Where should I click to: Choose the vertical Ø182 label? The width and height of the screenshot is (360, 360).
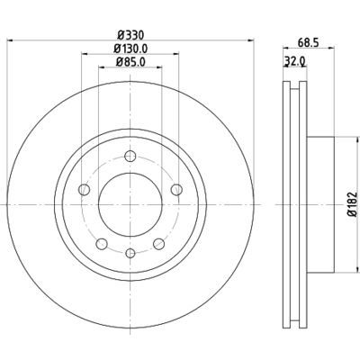point(353,205)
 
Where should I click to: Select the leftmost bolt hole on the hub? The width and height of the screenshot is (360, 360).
point(84,189)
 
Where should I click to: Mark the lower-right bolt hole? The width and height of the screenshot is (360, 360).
point(159,244)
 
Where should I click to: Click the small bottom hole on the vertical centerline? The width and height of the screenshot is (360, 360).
point(130,255)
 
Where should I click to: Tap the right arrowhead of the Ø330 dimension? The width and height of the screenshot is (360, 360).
point(254,44)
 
